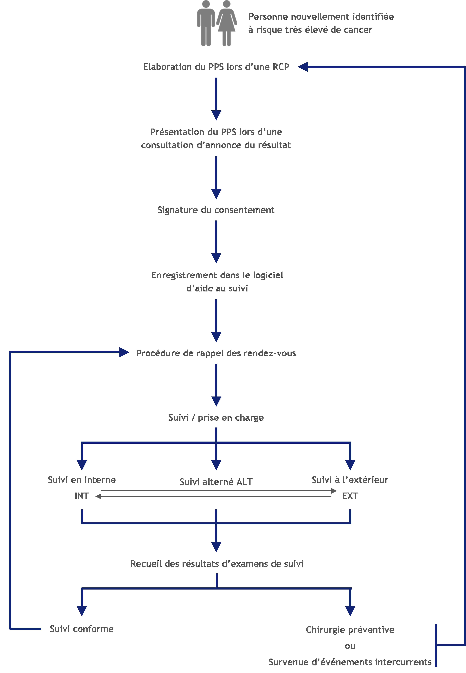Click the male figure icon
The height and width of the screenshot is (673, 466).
[206, 23]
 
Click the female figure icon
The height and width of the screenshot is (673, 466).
[227, 23]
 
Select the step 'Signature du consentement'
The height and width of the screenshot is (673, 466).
[216, 210]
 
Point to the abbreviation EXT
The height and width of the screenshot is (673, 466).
[350, 496]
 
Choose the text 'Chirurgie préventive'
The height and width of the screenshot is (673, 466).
[350, 629]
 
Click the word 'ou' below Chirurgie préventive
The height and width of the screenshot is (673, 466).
[350, 646]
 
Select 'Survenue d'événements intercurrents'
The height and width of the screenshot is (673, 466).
[350, 662]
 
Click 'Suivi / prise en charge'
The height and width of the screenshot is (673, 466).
[216, 417]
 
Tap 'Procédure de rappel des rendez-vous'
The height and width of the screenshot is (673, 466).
[216, 353]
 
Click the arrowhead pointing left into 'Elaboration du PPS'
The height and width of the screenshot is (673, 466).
[303, 67]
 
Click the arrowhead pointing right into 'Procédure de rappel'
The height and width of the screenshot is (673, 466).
[124, 352]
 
